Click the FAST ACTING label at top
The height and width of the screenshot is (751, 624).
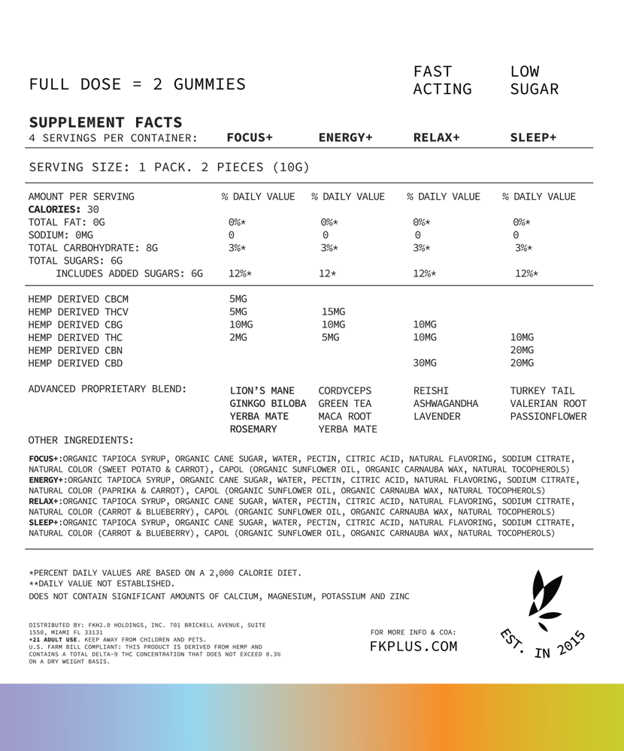coord(442,80)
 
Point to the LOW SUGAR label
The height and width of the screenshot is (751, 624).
coord(534,80)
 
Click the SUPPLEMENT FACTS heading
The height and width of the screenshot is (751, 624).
coord(105,122)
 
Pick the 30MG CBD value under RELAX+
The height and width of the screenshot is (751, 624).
coord(425,363)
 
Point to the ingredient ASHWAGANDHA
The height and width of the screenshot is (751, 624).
coord(446,404)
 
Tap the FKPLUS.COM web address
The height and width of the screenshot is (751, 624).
coord(413,647)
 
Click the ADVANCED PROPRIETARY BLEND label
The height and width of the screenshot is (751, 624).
coord(107,389)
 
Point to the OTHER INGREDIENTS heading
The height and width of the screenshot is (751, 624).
coord(80,439)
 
